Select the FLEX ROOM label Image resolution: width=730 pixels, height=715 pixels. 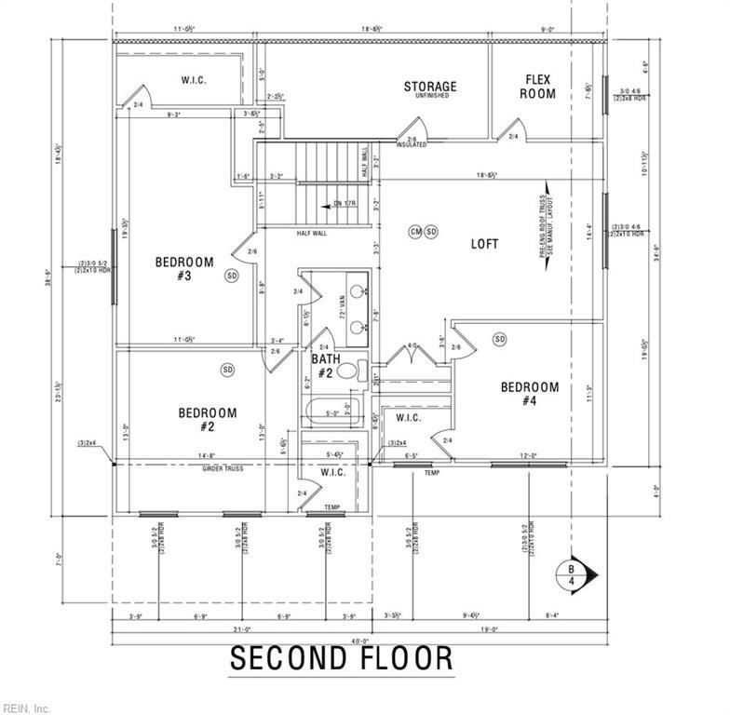540,87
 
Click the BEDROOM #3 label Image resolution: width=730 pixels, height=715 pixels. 183,268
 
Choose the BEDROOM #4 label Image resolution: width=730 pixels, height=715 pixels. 529,393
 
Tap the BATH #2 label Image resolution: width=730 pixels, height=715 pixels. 325,365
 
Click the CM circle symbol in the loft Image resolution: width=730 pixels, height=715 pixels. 415,231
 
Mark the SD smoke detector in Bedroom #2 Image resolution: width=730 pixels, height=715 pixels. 228,370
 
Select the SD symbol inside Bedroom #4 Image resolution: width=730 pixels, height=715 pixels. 500,338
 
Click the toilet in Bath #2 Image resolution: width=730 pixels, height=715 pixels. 346,371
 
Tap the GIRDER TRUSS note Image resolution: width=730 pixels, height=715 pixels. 223,468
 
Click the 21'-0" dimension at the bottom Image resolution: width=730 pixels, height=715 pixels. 242,629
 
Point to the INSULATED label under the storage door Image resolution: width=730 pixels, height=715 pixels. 411,145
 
